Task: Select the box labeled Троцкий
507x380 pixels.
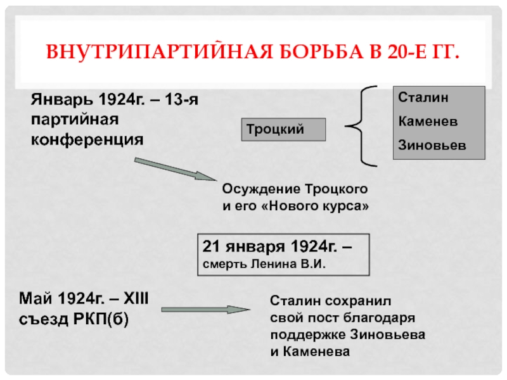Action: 283,129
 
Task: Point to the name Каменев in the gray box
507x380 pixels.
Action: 422,120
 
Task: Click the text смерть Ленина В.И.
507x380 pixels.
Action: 264,263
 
